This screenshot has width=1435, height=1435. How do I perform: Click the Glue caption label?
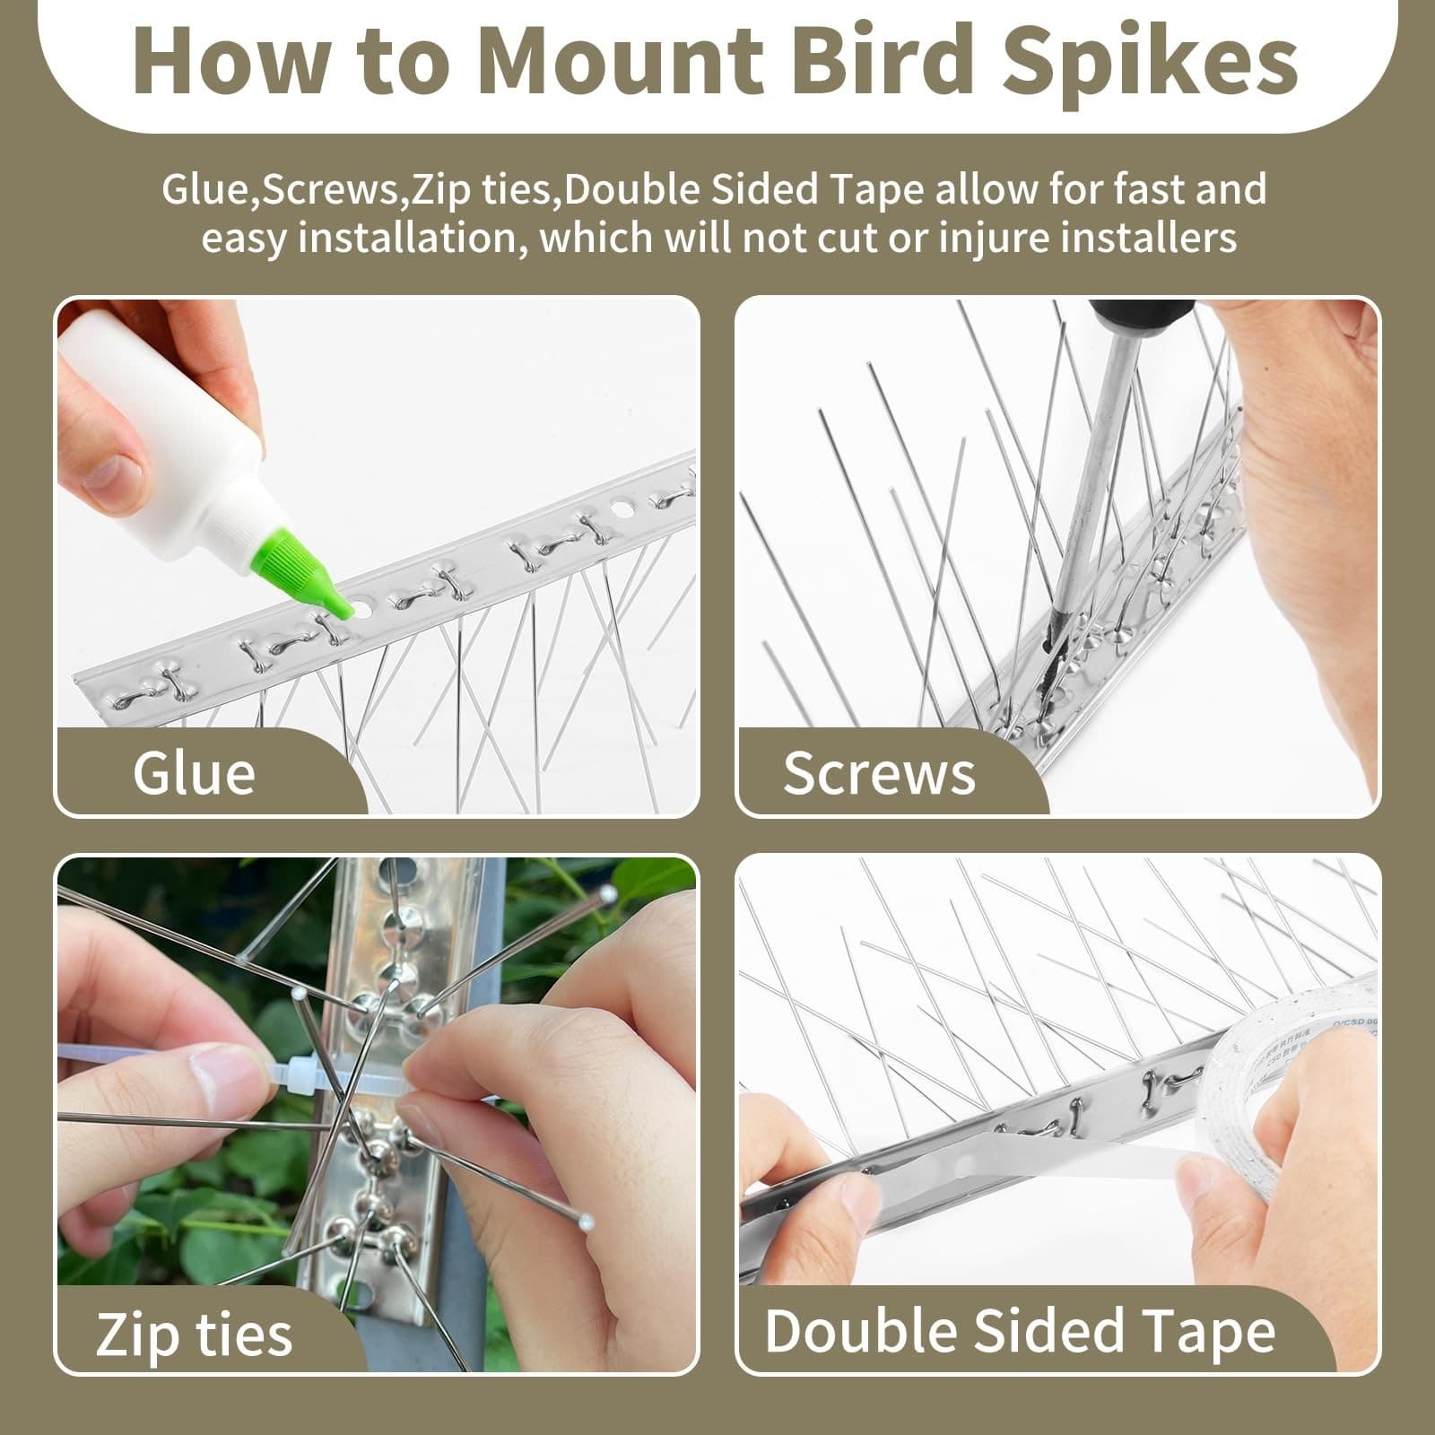[194, 772]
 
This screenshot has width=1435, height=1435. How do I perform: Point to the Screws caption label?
[879, 772]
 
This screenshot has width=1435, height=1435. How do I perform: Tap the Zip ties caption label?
[194, 1334]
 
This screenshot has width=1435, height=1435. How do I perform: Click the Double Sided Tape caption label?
[1020, 1330]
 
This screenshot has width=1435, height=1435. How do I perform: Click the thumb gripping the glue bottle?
[108, 475]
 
